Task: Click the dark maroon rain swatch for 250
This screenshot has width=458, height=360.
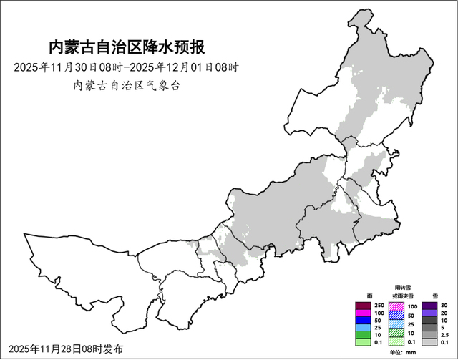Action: (x=364, y=305)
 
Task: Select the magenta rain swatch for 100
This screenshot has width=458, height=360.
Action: (x=364, y=313)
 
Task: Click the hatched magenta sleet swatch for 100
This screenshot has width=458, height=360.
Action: (x=396, y=305)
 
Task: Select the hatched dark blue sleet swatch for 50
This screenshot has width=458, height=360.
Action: (x=396, y=313)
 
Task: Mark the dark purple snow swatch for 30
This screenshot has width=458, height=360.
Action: (x=430, y=305)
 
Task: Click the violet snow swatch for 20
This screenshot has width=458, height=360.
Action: (x=430, y=313)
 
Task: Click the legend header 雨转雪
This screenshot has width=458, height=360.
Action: (x=403, y=287)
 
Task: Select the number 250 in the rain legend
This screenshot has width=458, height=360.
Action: (x=379, y=305)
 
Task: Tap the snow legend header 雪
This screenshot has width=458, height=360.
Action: (x=435, y=295)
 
